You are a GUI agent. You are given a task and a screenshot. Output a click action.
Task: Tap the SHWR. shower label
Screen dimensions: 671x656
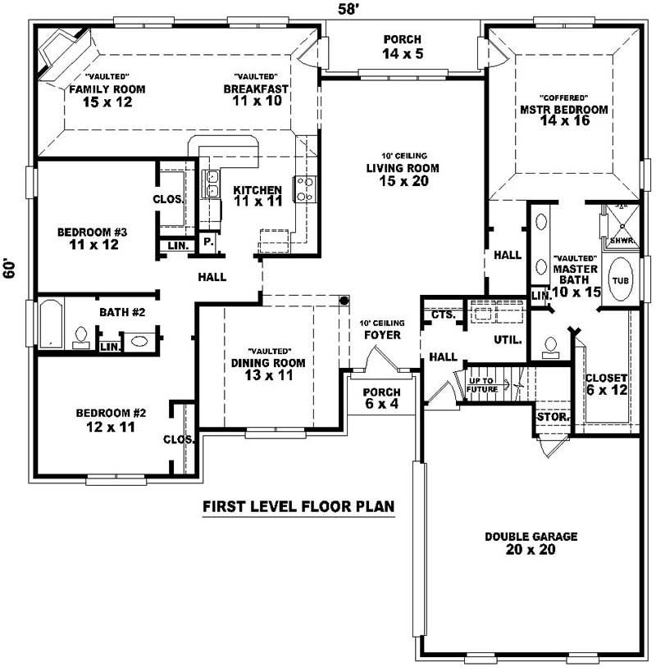pyautogui.click(x=621, y=242)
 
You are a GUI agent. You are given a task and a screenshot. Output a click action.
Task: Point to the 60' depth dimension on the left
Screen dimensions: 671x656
pyautogui.click(x=10, y=270)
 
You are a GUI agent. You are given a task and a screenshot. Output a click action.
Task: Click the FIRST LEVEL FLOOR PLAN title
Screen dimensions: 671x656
pyautogui.click(x=298, y=506)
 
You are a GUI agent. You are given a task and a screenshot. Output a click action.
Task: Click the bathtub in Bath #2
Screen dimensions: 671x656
pyautogui.click(x=51, y=324)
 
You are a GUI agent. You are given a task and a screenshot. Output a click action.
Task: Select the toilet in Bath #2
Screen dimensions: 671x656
pyautogui.click(x=81, y=337)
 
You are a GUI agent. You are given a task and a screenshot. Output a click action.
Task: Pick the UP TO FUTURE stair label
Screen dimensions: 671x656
pyautogui.click(x=484, y=384)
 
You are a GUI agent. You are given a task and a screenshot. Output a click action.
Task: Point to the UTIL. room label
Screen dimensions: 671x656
pyautogui.click(x=508, y=338)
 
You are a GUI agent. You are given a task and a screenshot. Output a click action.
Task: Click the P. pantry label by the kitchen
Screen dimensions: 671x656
pyautogui.click(x=208, y=243)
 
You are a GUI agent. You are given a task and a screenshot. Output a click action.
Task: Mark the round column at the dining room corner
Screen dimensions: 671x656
pyautogui.click(x=345, y=300)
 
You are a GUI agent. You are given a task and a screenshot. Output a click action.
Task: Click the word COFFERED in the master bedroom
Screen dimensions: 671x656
pyautogui.click(x=562, y=96)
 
